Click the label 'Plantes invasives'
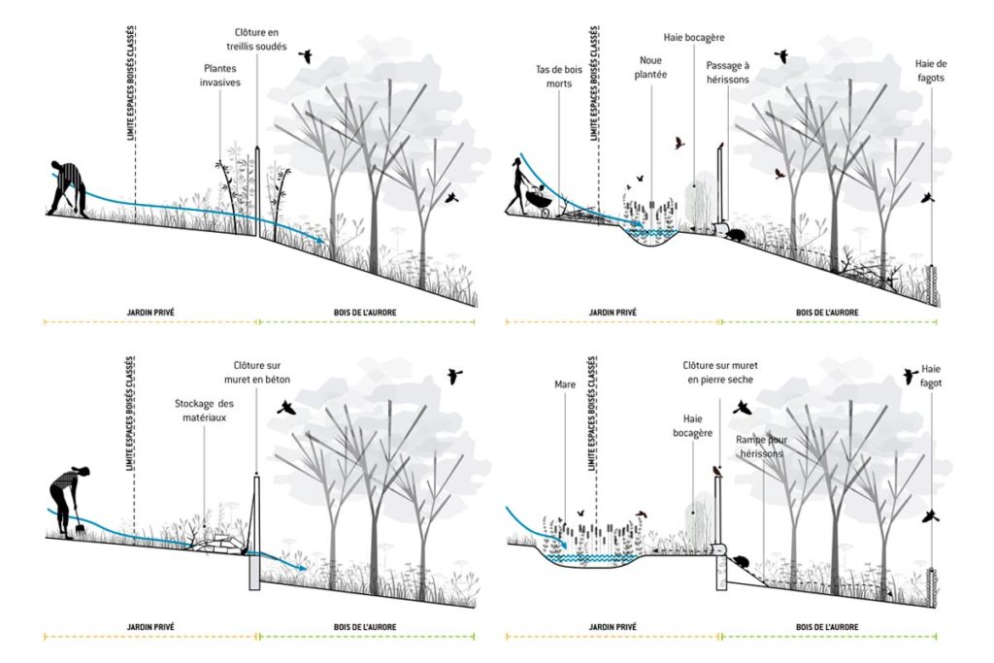221,76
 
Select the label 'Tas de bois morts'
554,77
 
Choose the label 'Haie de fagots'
930,71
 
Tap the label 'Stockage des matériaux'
205,410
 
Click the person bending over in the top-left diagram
69,186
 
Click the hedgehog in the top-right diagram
739,234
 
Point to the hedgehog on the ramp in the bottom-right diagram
741,562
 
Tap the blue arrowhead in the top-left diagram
320,243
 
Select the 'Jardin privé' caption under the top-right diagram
613,313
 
